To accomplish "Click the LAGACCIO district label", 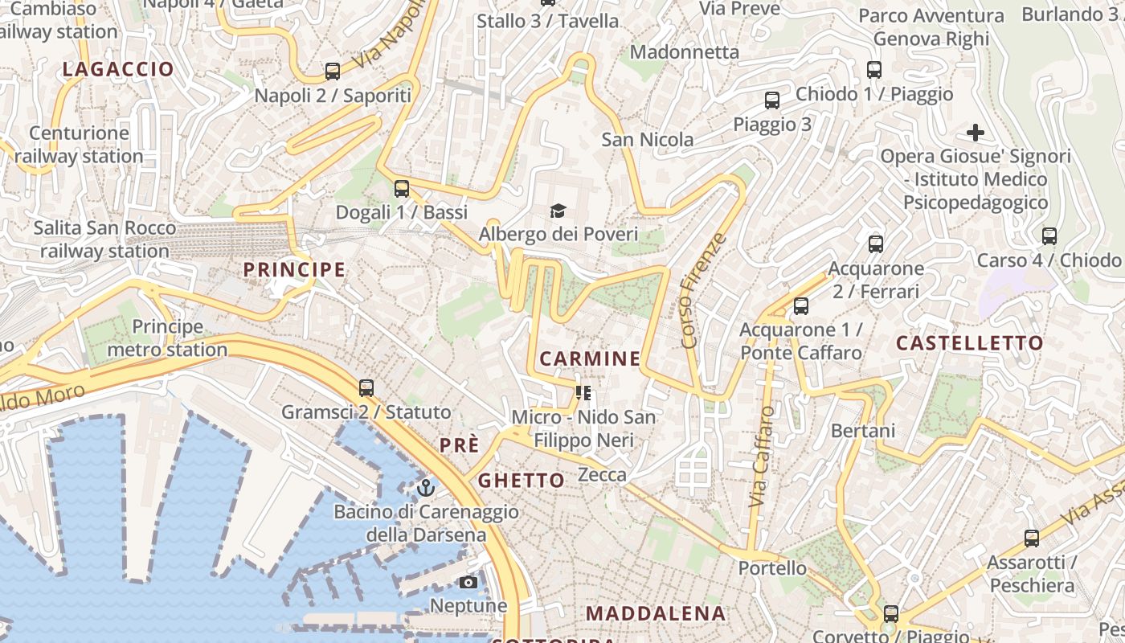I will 118,69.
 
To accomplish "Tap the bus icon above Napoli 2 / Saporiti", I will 333,72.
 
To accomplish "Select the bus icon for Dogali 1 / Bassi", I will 402,189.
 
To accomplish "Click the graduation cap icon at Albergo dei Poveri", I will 558,211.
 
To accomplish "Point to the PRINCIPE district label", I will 294,270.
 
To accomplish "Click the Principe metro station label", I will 167,338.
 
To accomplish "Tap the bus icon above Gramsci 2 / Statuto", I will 366,388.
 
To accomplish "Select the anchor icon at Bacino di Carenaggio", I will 426,488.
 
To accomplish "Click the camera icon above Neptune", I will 468,582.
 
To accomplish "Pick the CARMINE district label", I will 590,359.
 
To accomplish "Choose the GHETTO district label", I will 522,481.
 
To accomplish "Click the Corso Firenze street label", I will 703,291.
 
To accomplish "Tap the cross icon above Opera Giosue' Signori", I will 976,133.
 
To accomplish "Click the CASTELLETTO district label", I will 969,343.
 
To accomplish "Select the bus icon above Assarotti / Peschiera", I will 1032,539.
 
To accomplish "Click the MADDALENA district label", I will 656,614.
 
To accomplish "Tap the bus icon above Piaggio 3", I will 772,100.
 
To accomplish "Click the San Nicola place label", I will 648,140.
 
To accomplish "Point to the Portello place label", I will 772,568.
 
